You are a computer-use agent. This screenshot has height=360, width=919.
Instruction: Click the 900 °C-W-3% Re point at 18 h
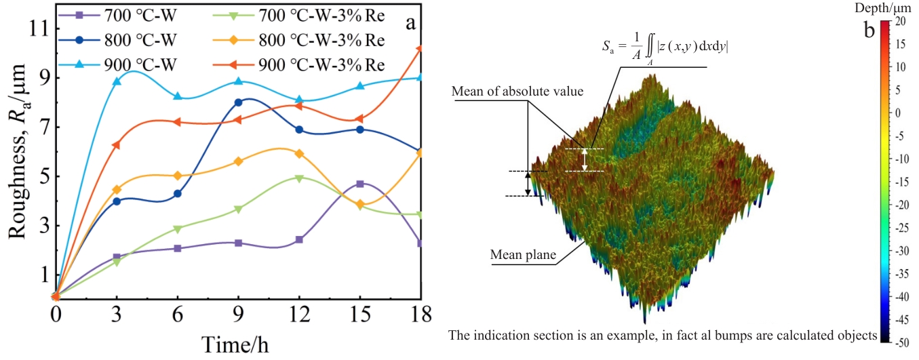(421, 49)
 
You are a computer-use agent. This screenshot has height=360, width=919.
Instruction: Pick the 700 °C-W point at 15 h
(360, 184)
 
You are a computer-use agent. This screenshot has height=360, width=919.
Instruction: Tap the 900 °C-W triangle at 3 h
(117, 81)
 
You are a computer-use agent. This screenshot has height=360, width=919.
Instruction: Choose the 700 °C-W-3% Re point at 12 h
(299, 178)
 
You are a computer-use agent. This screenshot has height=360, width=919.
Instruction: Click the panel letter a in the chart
(411, 23)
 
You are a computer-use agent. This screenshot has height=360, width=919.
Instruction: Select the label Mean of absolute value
(517, 92)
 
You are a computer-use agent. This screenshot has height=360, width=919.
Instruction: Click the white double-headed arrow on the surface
(585, 160)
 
